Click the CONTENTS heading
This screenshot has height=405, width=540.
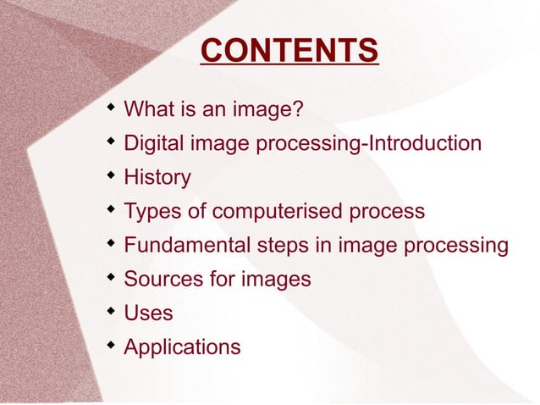(x=289, y=51)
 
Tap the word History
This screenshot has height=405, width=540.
(x=157, y=178)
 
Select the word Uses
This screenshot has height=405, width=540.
(x=148, y=313)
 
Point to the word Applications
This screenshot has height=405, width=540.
(x=182, y=347)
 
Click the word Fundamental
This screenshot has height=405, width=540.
(x=185, y=246)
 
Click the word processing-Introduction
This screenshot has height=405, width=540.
(x=378, y=144)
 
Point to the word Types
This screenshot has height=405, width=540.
(x=152, y=212)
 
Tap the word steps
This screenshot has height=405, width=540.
(x=278, y=246)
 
